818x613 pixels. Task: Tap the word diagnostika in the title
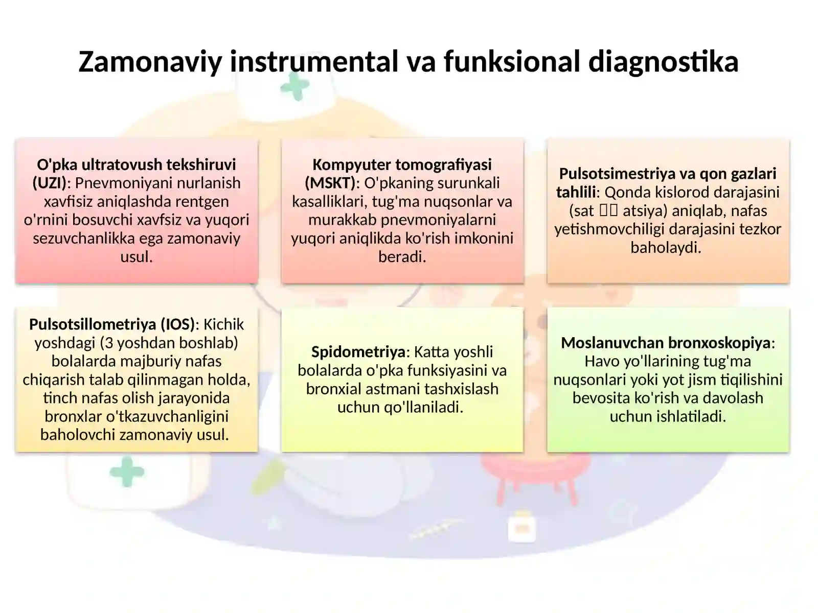[x=663, y=62]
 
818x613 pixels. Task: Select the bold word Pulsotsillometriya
[x=93, y=324]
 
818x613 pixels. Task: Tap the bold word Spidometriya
[x=358, y=352]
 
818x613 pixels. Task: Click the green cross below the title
[x=295, y=86]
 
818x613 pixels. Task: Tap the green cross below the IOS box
[x=127, y=472]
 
